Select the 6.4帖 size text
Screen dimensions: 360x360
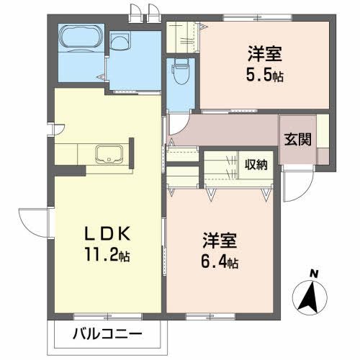click(x=218, y=263)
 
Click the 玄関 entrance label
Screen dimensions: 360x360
click(x=296, y=140)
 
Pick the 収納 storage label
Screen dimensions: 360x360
click(x=256, y=163)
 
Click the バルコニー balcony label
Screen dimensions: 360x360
click(x=107, y=334)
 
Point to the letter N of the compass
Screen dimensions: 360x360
click(x=313, y=273)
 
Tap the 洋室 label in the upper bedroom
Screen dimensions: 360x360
click(x=264, y=53)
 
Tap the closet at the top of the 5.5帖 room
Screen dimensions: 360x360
click(x=182, y=36)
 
